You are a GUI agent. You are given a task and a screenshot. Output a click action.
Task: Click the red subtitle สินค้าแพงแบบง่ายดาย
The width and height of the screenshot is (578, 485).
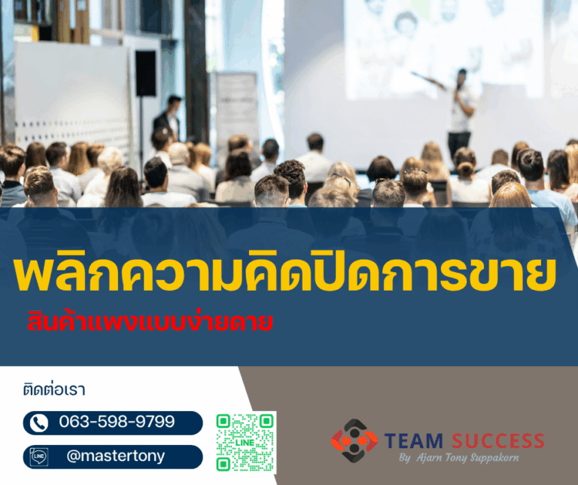pyautogui.click(x=147, y=322)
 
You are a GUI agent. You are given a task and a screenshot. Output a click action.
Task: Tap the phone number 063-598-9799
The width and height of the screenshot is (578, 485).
pyautogui.click(x=117, y=422)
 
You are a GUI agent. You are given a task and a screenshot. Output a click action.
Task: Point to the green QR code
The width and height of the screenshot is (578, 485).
pyautogui.click(x=245, y=442)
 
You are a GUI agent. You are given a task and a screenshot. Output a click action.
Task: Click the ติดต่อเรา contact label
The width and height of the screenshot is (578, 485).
pyautogui.click(x=54, y=390)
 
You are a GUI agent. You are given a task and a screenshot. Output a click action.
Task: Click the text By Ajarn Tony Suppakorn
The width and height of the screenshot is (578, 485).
pyautogui.click(x=458, y=457)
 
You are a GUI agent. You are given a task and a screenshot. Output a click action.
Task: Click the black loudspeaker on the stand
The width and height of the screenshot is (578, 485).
pyautogui.click(x=145, y=72)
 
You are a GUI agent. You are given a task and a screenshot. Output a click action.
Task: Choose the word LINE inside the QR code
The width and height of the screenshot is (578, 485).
pyautogui.click(x=245, y=442)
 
